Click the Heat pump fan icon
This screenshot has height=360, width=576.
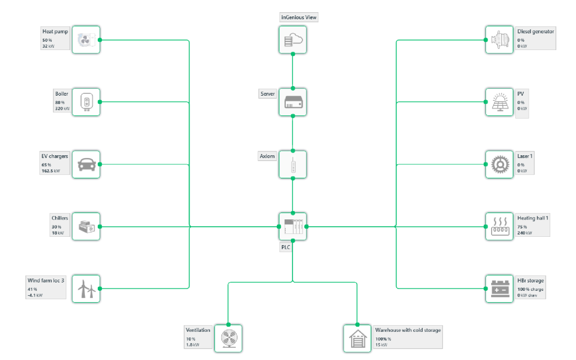[86, 40]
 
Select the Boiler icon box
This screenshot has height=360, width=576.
[86, 102]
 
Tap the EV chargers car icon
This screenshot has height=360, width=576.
[86, 164]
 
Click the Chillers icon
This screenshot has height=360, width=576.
[86, 226]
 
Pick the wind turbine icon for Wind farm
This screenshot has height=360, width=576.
[86, 289]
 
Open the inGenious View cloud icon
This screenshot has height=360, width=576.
[292, 40]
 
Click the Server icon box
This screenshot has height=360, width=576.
[292, 102]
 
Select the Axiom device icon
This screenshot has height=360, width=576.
[292, 164]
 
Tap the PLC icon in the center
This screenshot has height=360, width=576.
[292, 226]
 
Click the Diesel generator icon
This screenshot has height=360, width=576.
[499, 40]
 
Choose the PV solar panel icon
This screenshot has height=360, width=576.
[499, 102]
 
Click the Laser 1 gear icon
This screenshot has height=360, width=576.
[499, 164]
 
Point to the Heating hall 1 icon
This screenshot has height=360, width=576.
[499, 226]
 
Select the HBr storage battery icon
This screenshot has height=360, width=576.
[499, 289]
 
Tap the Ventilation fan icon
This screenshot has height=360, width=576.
[228, 338]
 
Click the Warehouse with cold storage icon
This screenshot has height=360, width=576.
[357, 338]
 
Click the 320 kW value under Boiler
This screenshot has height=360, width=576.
[63, 109]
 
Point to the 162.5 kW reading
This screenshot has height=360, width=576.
[51, 171]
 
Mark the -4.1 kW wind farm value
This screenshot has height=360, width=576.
[35, 295]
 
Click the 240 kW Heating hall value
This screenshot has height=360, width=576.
[525, 233]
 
